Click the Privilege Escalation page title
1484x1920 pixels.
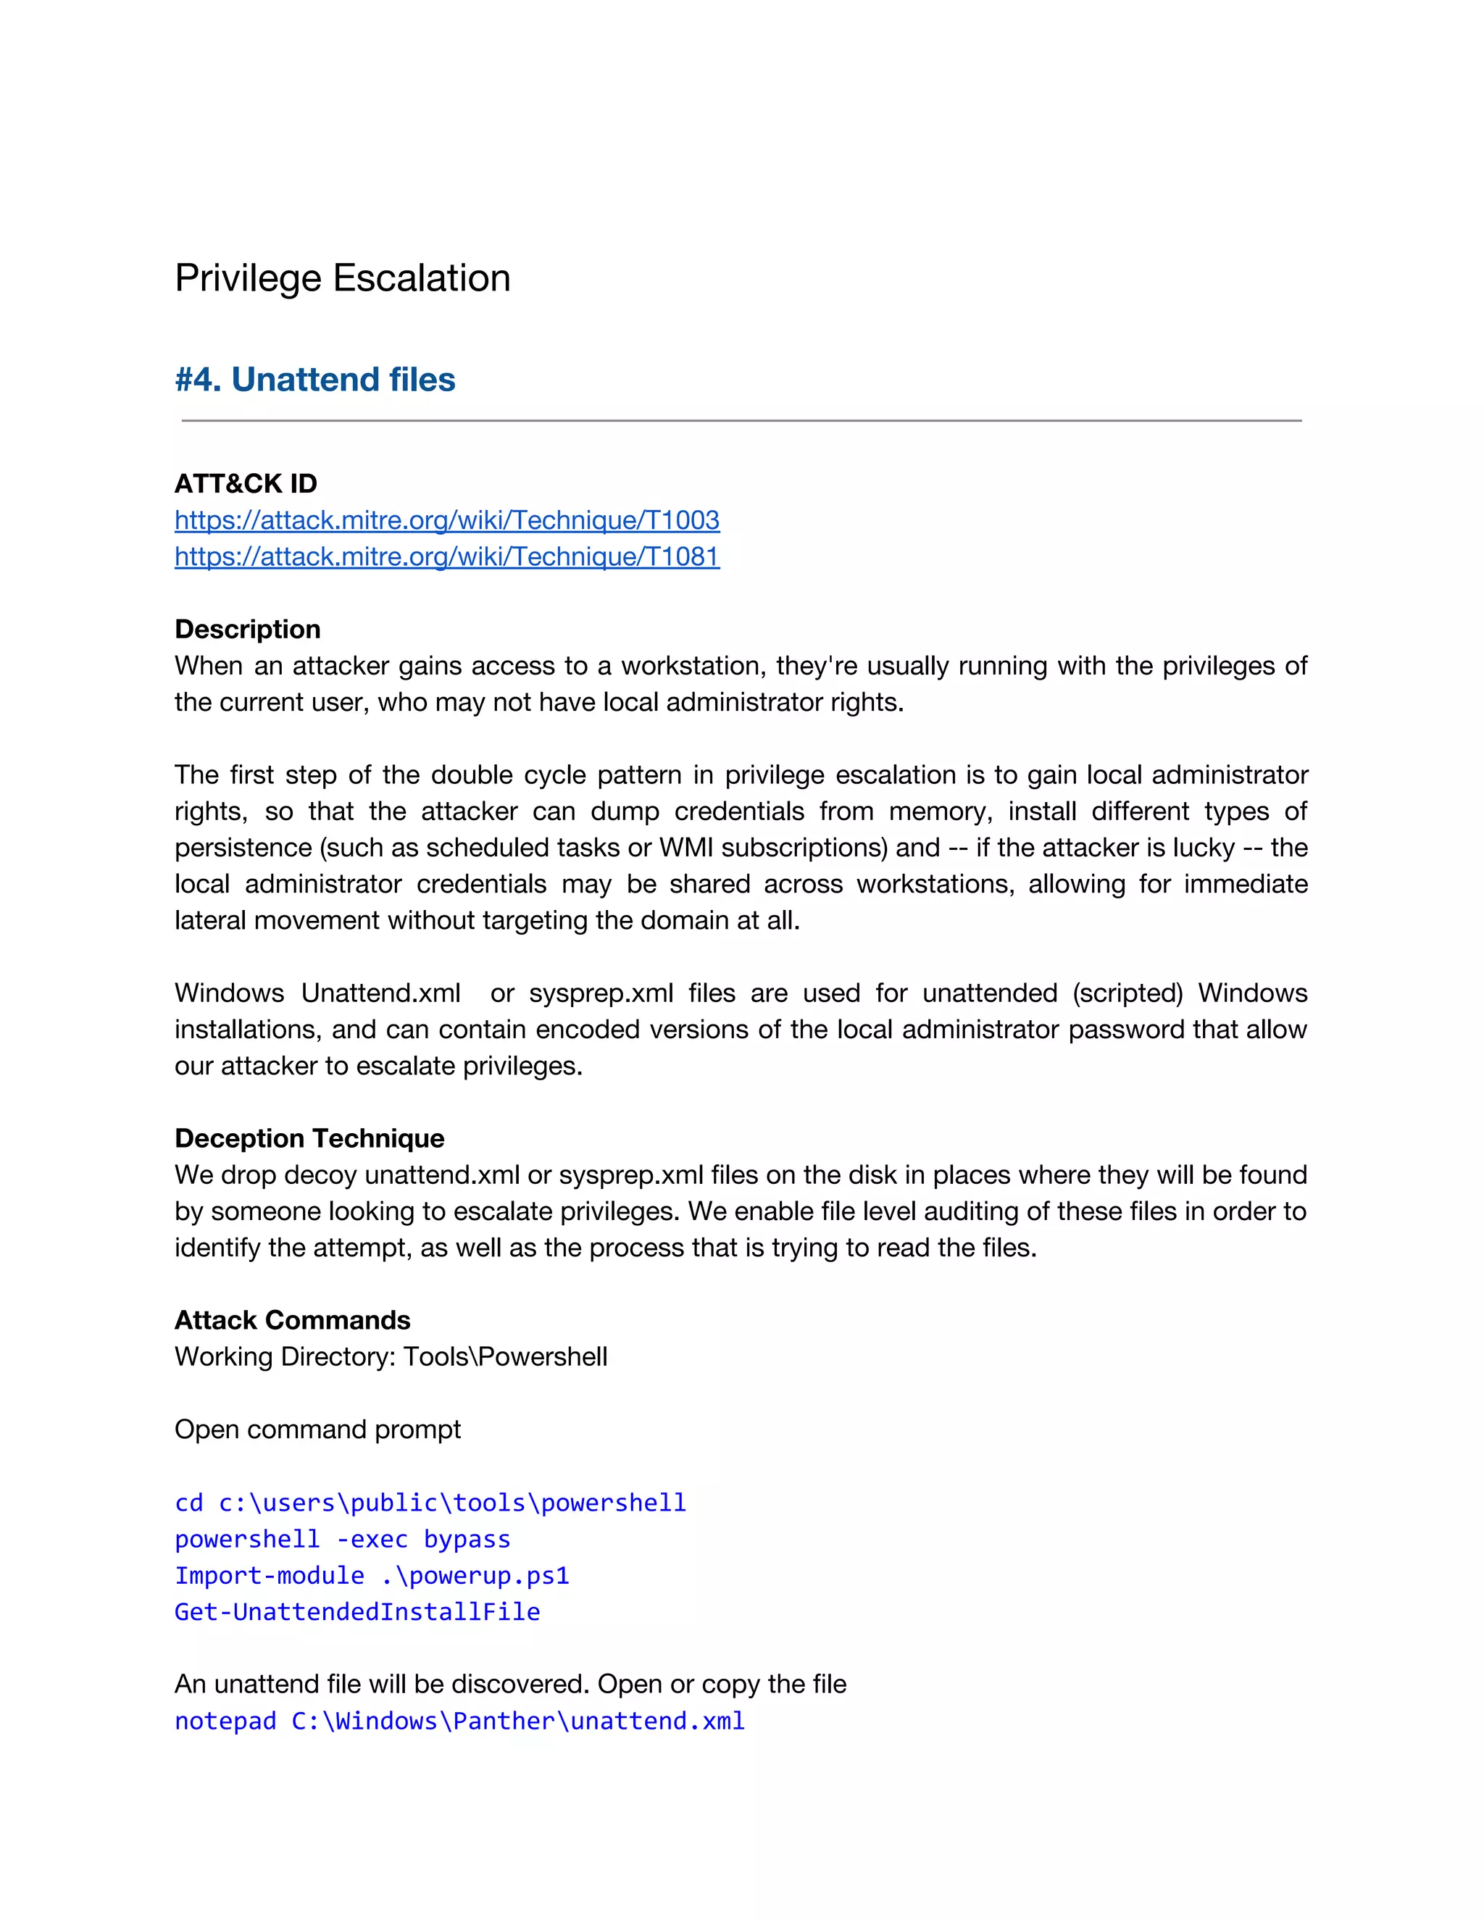tap(342, 279)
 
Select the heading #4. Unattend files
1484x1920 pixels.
tap(314, 380)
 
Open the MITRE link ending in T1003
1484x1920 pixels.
tap(446, 520)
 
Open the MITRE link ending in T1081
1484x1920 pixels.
tap(446, 556)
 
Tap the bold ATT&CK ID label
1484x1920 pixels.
tap(246, 483)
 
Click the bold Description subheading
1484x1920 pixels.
tap(247, 630)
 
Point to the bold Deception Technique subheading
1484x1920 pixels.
tap(309, 1138)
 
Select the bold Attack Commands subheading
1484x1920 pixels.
tap(292, 1320)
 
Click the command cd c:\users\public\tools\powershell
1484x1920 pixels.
tap(430, 1503)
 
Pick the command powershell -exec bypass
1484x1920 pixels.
tap(342, 1540)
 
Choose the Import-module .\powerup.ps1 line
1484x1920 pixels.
tap(372, 1575)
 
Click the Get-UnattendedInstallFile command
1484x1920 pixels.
tap(357, 1611)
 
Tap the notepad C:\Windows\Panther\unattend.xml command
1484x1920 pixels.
tap(459, 1721)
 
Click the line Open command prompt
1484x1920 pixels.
tap(317, 1429)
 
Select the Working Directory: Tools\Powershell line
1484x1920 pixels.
tap(391, 1357)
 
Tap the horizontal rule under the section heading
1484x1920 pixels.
tap(741, 421)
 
